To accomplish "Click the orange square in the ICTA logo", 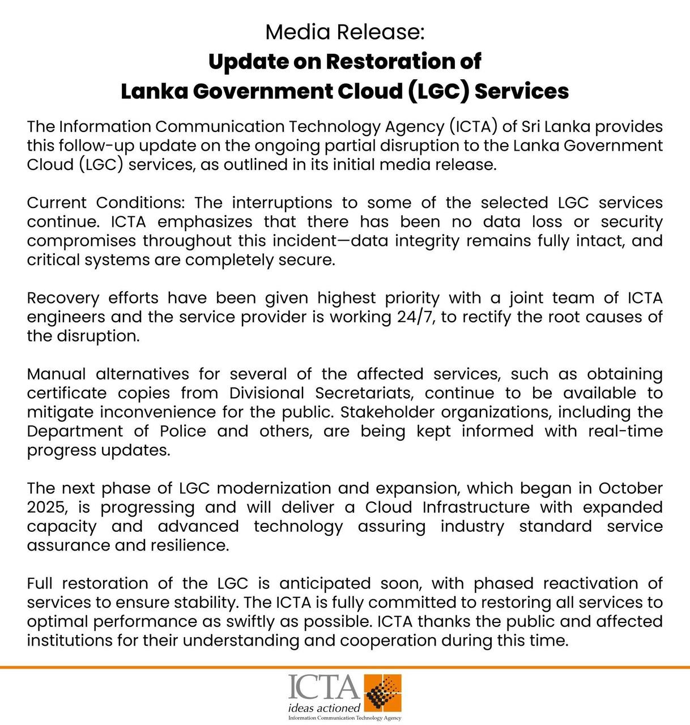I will click(383, 693).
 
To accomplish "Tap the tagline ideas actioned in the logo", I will click(324, 708).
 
